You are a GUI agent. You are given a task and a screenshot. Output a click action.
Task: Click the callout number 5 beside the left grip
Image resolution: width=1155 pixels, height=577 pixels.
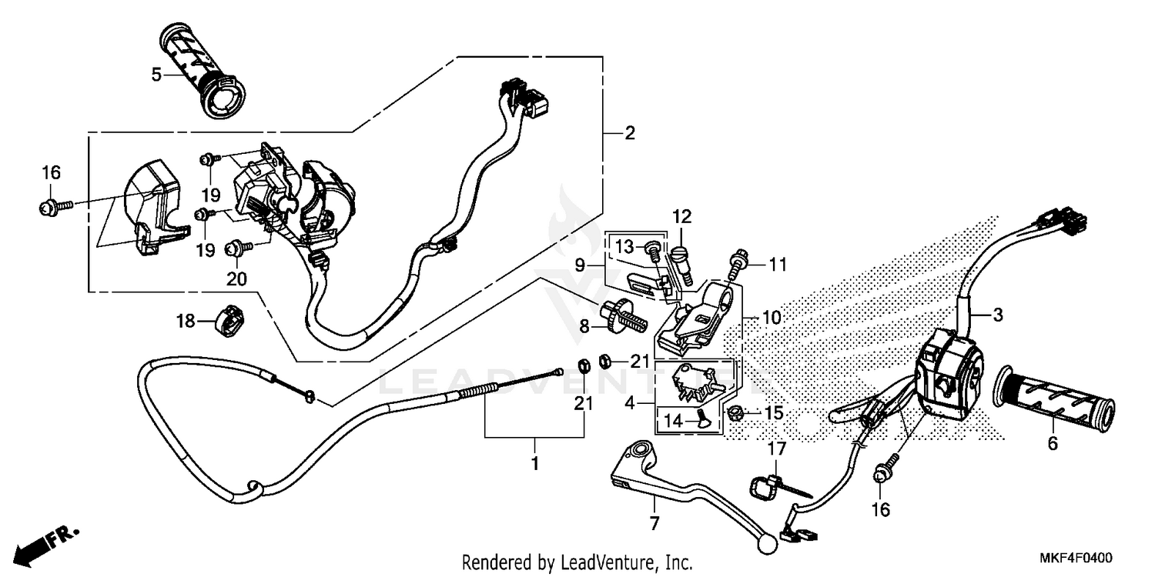(156, 75)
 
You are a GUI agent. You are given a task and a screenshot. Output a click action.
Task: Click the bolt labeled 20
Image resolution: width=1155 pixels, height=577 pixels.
(233, 248)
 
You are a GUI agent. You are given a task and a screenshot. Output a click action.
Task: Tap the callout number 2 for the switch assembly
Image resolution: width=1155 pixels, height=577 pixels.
(630, 133)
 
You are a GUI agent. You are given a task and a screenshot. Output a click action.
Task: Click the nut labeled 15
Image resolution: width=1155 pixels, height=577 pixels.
(736, 414)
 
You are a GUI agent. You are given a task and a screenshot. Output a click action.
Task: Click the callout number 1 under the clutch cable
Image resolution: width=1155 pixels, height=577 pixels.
(534, 465)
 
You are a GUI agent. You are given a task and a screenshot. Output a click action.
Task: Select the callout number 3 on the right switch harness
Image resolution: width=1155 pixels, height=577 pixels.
(997, 315)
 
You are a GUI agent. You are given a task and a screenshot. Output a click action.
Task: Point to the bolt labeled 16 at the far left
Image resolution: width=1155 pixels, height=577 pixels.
(47, 205)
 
